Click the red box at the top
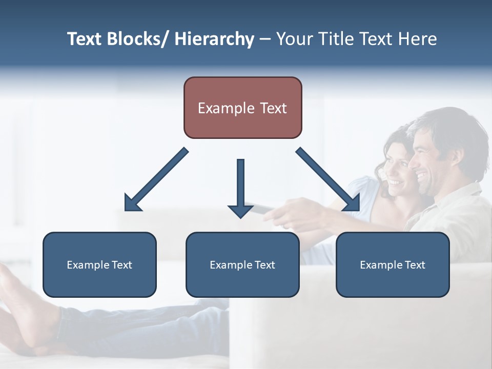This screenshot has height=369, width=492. (242, 108)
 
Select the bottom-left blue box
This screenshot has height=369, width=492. (99, 264)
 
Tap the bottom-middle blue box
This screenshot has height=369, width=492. (242, 264)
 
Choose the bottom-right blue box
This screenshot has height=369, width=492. (393, 264)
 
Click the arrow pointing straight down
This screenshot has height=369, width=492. (240, 188)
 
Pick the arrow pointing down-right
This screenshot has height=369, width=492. (329, 180)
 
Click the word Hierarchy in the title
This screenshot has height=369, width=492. (214, 39)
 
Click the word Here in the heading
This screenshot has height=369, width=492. (418, 39)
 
